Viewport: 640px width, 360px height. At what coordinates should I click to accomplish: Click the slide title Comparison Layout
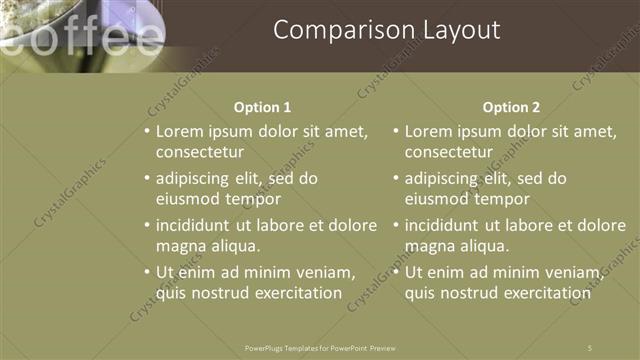[x=386, y=31]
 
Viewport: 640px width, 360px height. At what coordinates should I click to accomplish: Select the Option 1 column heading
[x=263, y=107]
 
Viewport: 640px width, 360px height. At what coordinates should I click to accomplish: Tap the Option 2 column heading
[x=511, y=107]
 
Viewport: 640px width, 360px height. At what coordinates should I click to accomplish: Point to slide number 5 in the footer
[x=591, y=347]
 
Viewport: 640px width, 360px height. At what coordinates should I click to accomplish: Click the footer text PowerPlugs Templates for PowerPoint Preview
[x=320, y=347]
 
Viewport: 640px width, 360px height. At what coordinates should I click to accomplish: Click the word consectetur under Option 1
[x=200, y=153]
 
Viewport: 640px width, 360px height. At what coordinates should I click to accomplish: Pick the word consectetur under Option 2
[x=449, y=153]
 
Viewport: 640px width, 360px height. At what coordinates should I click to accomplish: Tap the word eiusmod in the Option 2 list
[x=437, y=200]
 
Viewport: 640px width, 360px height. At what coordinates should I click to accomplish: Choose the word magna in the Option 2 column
[x=430, y=246]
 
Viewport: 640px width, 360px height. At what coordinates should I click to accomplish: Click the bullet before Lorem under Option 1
[x=146, y=132]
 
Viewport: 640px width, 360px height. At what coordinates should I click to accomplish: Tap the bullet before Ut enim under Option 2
[x=395, y=272]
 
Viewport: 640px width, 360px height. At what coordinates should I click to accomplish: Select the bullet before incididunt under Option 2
[x=395, y=225]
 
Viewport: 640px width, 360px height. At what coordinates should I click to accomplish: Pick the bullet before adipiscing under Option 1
[x=146, y=179]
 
